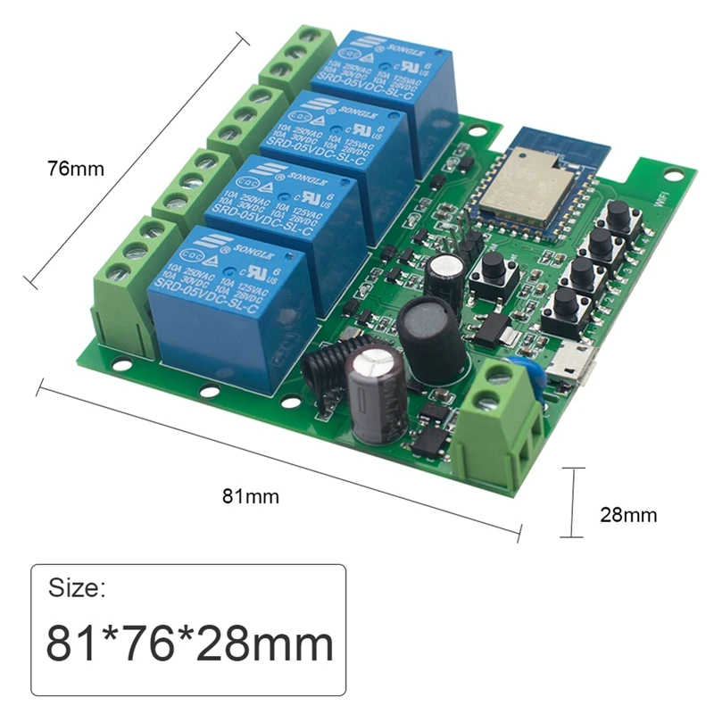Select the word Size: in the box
tap(77, 588)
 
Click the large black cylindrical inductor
tap(432, 337)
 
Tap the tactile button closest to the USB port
tap(565, 306)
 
